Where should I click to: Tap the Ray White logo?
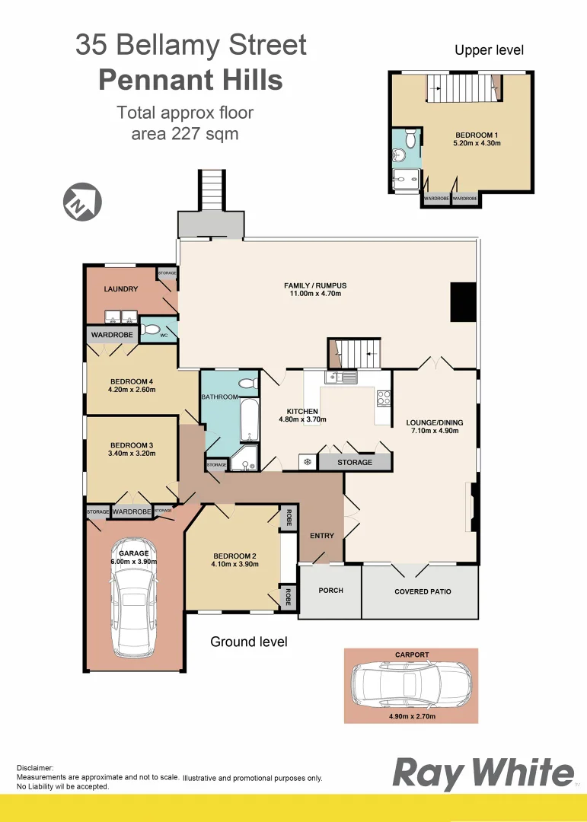click(x=483, y=773)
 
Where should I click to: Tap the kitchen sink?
click(x=342, y=377)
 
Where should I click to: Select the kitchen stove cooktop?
click(x=384, y=397)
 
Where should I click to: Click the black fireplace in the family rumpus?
click(x=462, y=301)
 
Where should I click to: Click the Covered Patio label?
click(x=423, y=591)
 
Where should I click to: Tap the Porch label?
click(x=330, y=591)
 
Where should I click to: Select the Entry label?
click(x=322, y=536)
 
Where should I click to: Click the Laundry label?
click(x=121, y=289)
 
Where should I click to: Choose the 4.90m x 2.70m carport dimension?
click(x=410, y=716)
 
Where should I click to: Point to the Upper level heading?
click(x=489, y=50)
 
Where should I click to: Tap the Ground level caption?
click(x=249, y=642)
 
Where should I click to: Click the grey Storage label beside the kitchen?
click(x=355, y=462)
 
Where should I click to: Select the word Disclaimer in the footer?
click(x=35, y=769)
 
